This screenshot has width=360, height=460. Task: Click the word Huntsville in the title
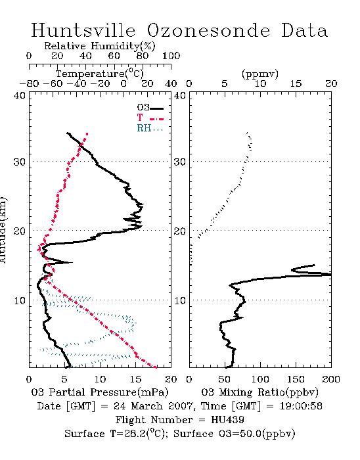pos(83,30)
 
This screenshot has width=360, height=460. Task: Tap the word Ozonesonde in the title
pos(208,30)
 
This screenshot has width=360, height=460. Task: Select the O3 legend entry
pos(150,108)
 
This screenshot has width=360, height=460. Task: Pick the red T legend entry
pos(150,118)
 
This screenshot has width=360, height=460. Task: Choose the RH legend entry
pos(150,128)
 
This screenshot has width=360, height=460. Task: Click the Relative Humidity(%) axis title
pos(100,46)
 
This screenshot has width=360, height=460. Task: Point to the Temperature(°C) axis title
pos(100,74)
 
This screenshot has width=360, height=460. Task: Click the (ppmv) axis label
pos(260,74)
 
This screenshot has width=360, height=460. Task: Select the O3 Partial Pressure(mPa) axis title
pos(100,392)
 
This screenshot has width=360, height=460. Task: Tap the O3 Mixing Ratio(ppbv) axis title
pos(259,392)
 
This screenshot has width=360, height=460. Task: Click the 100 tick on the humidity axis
pos(171,56)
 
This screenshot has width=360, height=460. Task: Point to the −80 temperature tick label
pos(29,83)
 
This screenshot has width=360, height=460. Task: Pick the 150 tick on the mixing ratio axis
pos(296,379)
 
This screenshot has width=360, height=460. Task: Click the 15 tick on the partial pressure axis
pos(136,379)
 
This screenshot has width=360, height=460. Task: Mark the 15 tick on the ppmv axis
pos(296,83)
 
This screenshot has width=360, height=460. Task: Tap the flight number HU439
pos(227,420)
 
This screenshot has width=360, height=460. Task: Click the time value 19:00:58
pos(301,406)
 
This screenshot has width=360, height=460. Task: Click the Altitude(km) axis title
pos(3,231)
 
